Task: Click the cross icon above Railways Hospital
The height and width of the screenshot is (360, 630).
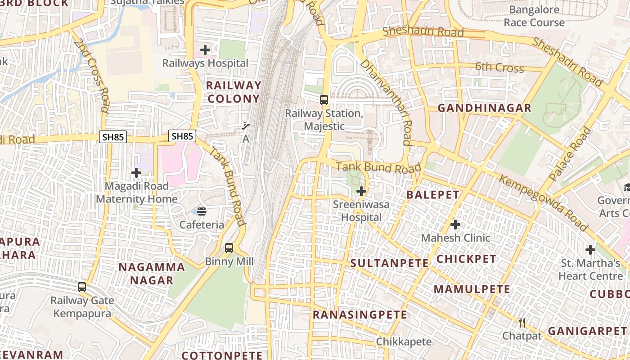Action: pos(205,50)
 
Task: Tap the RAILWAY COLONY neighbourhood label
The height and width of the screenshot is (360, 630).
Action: pos(233,92)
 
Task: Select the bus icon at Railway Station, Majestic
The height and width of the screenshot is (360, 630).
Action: pos(324,100)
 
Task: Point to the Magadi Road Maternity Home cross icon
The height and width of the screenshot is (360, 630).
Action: pos(136,172)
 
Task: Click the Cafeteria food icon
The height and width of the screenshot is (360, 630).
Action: pos(202,211)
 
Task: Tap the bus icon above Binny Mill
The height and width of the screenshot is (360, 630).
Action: pos(229,247)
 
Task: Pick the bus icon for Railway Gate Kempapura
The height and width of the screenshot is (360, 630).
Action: pos(81,287)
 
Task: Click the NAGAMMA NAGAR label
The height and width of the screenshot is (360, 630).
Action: pos(152,274)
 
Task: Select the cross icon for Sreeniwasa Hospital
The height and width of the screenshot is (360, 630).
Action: pos(361,192)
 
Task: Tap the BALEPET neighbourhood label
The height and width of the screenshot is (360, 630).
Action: pos(433,195)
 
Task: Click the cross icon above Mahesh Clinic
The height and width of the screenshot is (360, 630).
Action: pos(455,224)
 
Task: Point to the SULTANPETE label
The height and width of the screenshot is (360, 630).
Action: pos(389,263)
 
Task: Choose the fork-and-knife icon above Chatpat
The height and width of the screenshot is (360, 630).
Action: pos(522,322)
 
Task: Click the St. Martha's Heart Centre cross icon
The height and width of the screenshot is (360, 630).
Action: pos(590,250)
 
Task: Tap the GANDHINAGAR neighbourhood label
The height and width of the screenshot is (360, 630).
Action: pos(485,108)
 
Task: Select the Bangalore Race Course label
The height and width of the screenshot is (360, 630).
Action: pos(534,16)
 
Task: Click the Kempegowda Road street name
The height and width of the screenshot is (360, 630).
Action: pos(543,203)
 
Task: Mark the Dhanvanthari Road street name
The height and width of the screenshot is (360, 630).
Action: pos(386,103)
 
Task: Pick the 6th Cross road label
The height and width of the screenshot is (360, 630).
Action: pos(499,67)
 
